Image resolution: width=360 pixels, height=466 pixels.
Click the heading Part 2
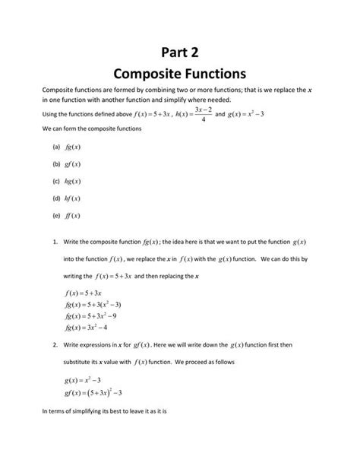[x=179, y=51]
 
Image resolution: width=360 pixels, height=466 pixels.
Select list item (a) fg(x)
[x=67, y=144]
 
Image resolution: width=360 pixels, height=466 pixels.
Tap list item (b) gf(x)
[x=67, y=163]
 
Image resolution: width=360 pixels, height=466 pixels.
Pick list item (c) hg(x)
[x=67, y=182]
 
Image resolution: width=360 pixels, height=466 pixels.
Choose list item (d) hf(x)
[x=67, y=200]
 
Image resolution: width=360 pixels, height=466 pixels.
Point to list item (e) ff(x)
[x=67, y=218]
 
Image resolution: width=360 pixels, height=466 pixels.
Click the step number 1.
[x=55, y=243]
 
